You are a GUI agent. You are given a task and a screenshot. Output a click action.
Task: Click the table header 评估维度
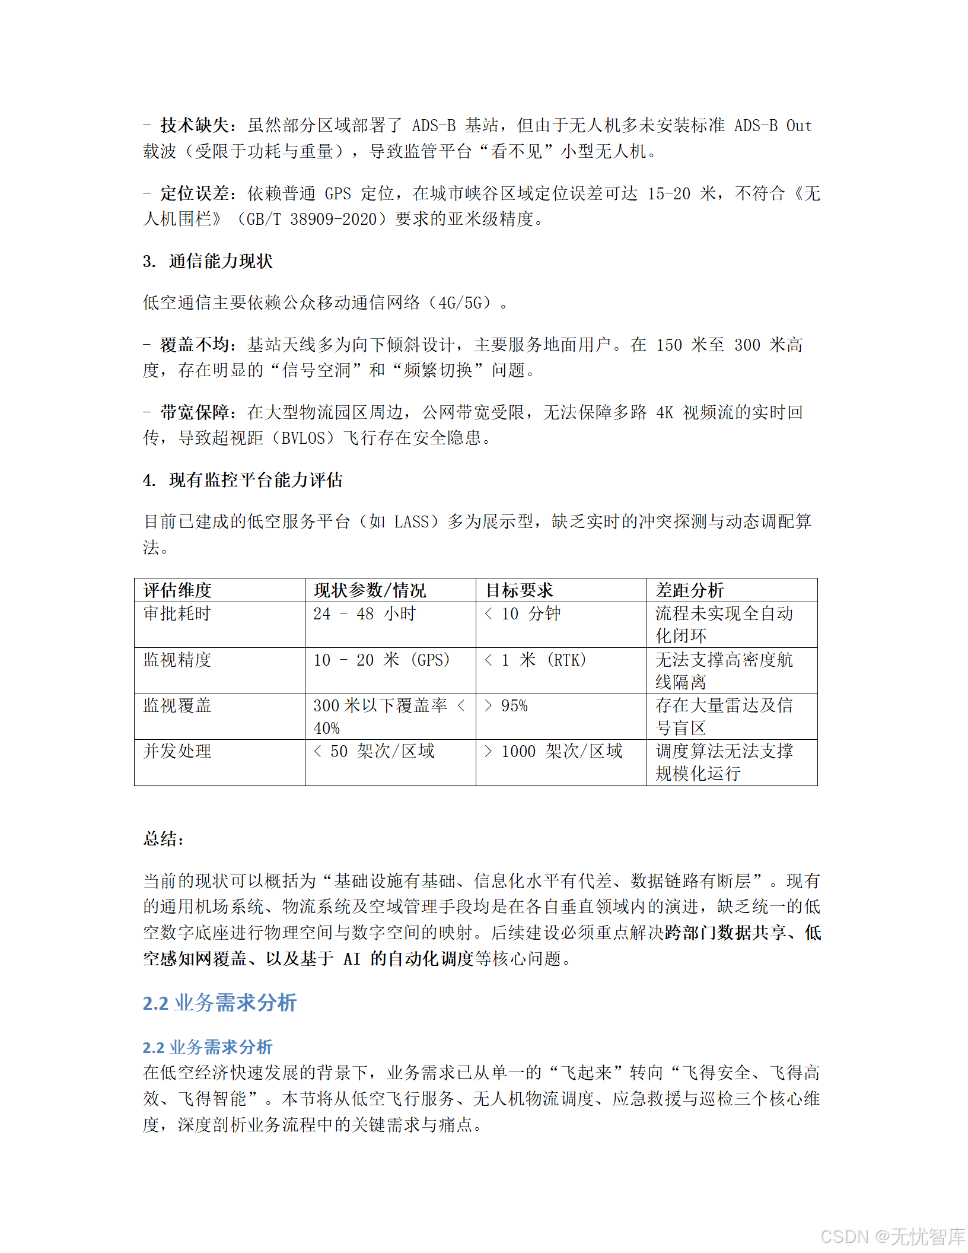coord(177,590)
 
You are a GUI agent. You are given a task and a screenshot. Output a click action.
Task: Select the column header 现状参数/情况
coord(370,590)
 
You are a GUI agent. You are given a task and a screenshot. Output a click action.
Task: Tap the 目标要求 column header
coord(519,590)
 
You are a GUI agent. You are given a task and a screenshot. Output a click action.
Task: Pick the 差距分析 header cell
coord(689,590)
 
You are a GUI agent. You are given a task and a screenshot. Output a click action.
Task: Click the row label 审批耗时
coord(177,613)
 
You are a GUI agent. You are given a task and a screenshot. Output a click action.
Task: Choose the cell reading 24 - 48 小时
coord(364,613)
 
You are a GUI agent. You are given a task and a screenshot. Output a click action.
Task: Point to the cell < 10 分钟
coord(522,613)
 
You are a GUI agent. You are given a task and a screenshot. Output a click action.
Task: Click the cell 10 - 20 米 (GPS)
coord(381,660)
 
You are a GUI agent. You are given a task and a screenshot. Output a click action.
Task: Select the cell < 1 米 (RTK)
coord(535,660)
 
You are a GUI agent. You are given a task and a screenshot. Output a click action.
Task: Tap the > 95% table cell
coord(506,705)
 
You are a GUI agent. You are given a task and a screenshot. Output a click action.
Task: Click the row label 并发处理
coord(177,751)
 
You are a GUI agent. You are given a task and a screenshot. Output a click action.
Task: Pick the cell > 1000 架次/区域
coord(553,751)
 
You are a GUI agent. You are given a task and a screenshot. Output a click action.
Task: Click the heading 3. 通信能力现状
coord(208,261)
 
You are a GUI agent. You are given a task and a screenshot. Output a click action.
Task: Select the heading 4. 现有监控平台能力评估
coord(243,480)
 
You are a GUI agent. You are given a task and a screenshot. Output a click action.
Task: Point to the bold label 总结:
coord(164,838)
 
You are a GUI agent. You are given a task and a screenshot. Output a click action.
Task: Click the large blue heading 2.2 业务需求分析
coord(219,1003)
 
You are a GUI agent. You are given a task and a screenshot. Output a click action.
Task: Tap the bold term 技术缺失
coord(194,125)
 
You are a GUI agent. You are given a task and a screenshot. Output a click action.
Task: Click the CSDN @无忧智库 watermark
coord(893,1236)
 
